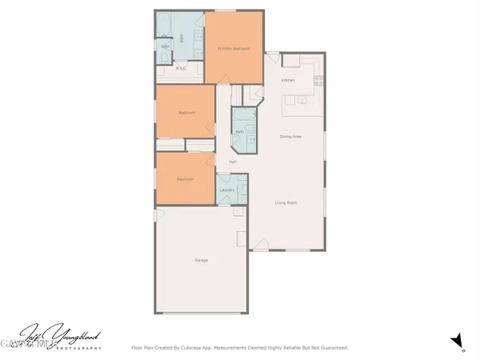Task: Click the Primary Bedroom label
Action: click(234, 49)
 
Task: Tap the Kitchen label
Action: click(288, 81)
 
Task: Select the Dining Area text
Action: click(290, 137)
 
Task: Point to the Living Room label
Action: click(286, 203)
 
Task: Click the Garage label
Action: click(202, 261)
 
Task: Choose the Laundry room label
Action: click(226, 190)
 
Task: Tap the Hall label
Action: click(232, 162)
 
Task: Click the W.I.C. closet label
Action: click(181, 69)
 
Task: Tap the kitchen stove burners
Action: click(319, 80)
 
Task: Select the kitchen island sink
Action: click(303, 100)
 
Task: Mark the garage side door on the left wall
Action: click(160, 215)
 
